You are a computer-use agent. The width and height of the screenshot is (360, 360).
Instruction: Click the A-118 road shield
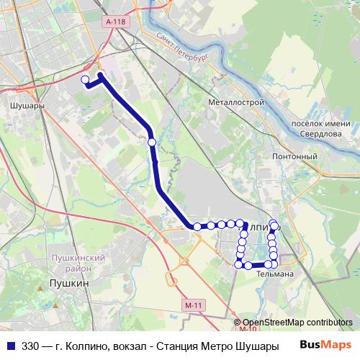[115, 22]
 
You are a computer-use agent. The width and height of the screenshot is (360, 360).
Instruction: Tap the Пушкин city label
[68, 284]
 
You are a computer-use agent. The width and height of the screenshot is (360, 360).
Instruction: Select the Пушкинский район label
[78, 263]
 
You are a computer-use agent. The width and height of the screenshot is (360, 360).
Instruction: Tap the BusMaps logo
[325, 345]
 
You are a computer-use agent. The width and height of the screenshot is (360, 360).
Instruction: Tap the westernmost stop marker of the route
[85, 80]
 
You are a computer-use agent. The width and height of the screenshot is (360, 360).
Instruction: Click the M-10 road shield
[247, 330]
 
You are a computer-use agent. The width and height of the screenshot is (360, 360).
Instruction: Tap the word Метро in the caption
[216, 346]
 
